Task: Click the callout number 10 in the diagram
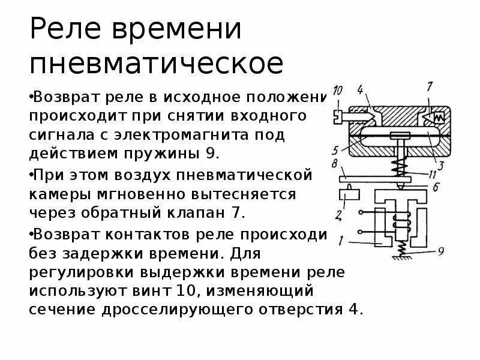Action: (337, 91)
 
